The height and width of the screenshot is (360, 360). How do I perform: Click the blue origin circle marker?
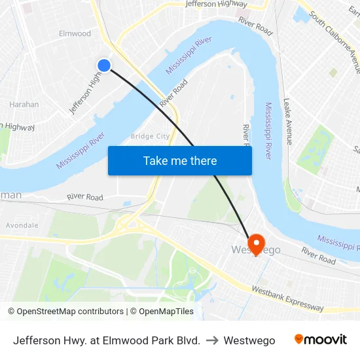pyautogui.click(x=104, y=65)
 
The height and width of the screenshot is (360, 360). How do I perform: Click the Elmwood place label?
pyautogui.click(x=75, y=33)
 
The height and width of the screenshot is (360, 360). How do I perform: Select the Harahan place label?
pyautogui.click(x=24, y=104)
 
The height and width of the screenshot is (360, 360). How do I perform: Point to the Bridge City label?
pyautogui.click(x=150, y=136)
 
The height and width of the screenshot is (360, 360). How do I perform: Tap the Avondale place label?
pyautogui.click(x=22, y=225)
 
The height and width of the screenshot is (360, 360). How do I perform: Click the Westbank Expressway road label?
pyautogui.click(x=287, y=298)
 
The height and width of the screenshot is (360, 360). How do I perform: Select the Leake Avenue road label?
pyautogui.click(x=289, y=121)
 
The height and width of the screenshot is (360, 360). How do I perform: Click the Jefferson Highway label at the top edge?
pyautogui.click(x=216, y=4)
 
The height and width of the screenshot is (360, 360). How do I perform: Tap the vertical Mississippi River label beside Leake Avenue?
pyautogui.click(x=268, y=130)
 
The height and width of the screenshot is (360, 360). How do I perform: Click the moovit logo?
pyautogui.click(x=320, y=340)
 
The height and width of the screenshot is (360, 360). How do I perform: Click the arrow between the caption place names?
pyautogui.click(x=211, y=340)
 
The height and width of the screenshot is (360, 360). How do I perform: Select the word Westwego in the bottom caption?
pyautogui.click(x=249, y=340)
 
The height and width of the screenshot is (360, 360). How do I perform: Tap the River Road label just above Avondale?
pyautogui.click(x=85, y=197)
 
